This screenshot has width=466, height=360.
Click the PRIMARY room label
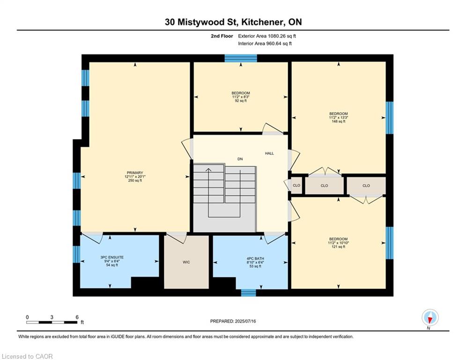pos(135,172)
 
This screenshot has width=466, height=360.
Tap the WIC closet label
pos(186,262)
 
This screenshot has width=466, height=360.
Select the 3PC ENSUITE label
pos(112,257)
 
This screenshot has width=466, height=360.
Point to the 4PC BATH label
pos(255,259)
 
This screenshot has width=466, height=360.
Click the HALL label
pos(270,153)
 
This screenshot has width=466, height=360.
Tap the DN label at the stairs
pos(240,159)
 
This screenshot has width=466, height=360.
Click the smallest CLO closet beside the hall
pos(296,185)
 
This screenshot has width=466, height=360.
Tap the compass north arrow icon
pos(430,317)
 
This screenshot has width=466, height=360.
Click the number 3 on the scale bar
pos(52,317)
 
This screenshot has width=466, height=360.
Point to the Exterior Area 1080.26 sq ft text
pos(267,36)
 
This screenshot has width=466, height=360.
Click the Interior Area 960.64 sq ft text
pos(265,44)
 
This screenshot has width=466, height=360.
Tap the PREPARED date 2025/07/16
pos(245,321)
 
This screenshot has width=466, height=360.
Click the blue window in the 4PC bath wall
pos(248,293)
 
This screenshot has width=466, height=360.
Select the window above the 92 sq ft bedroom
pos(241,58)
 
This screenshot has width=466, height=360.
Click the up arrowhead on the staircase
pos(208,170)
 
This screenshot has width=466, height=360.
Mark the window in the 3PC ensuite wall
pos(77,255)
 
